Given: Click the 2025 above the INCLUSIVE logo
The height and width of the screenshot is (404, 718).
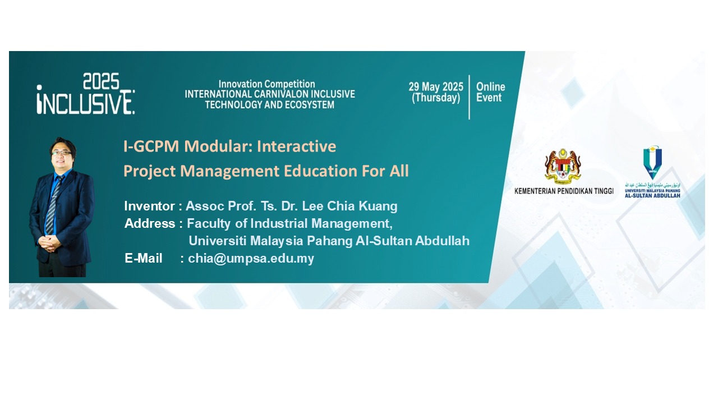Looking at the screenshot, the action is [x=101, y=81].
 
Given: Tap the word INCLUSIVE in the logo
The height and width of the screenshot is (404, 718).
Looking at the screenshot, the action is [x=86, y=103].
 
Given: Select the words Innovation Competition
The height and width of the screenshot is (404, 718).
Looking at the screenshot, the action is [x=266, y=84].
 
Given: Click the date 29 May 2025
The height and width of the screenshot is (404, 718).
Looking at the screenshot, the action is [x=436, y=86].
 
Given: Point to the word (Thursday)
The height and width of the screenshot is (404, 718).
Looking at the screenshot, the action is [x=436, y=98].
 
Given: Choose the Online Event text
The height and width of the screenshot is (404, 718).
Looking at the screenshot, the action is [x=490, y=92].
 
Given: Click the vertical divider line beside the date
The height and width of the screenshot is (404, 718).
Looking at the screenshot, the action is [x=470, y=97].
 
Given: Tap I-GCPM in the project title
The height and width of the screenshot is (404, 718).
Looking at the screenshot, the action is [x=151, y=146].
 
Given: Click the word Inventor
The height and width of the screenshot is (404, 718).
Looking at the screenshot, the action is [x=149, y=206].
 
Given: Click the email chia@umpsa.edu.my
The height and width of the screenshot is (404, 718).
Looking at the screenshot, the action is [x=251, y=258].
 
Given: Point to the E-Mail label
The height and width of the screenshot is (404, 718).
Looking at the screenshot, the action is [x=143, y=258].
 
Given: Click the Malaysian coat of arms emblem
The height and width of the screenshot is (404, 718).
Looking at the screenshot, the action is [x=563, y=167].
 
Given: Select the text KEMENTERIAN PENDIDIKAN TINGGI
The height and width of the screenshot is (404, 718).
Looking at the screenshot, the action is [x=564, y=191].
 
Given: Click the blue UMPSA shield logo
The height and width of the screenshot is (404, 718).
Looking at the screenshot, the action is [x=652, y=162].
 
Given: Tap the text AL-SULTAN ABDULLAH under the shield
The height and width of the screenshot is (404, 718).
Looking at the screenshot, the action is [x=652, y=196].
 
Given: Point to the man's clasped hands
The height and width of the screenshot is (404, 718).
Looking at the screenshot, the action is [x=50, y=244].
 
